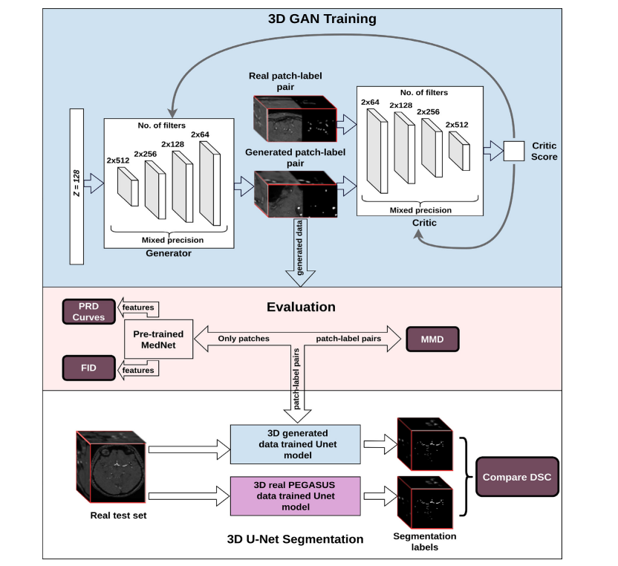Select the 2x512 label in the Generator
pyautogui.click(x=117, y=160)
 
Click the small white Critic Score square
pyautogui.click(x=513, y=151)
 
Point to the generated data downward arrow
pyautogui.click(x=300, y=256)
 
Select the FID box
pyautogui.click(x=88, y=365)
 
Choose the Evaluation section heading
pyautogui.click(x=301, y=307)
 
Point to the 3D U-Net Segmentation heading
pyautogui.click(x=295, y=539)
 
